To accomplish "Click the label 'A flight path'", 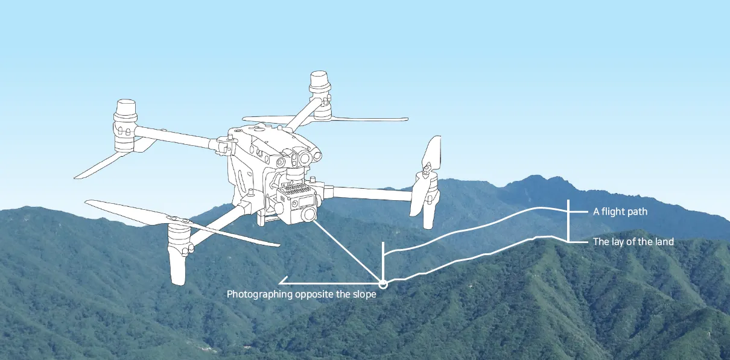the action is pos(620,212).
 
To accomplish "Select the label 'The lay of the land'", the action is pos(633,242).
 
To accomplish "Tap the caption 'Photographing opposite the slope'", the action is pos(301,294).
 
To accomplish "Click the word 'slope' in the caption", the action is pos(364,294).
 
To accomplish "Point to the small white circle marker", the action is pos(382,282).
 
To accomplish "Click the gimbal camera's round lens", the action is pos(307,213).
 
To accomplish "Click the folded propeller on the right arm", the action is pos(428,175).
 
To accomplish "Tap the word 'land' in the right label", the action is pos(664,242).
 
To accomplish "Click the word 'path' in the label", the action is pos(638,212).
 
